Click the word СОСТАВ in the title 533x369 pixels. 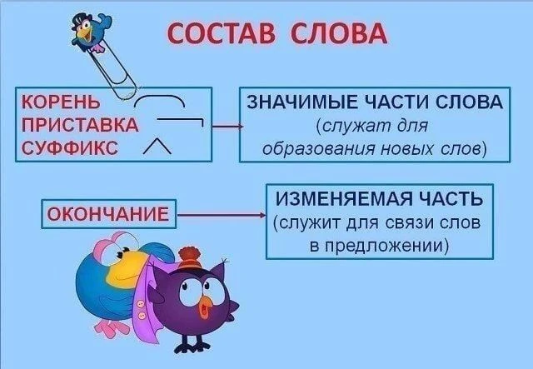pos(221,33)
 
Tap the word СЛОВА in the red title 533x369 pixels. pos(339,33)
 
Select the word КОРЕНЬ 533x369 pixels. pos(61,102)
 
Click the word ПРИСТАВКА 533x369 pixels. pos(80,125)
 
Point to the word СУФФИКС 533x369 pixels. pos(70,148)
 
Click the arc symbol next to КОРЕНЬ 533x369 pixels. pos(160,97)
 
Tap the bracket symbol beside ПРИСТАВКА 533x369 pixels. pos(180,120)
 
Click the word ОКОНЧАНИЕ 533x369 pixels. pos(108,214)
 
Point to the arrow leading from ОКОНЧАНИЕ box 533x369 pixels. pos(222,215)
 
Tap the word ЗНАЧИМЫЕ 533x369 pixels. pos(302,102)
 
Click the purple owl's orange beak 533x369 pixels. pos(206,306)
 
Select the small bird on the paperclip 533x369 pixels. pos(90,32)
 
